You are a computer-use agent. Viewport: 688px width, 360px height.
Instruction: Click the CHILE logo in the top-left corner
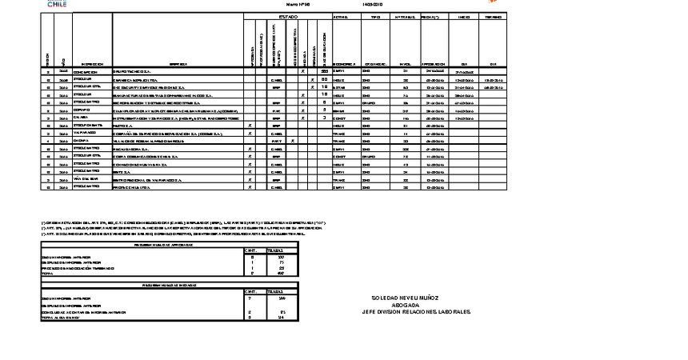click(58, 4)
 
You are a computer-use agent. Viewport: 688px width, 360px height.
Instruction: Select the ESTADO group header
click(287, 16)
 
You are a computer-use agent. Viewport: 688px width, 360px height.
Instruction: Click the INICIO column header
click(463, 16)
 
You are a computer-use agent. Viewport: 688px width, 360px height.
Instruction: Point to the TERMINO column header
click(494, 16)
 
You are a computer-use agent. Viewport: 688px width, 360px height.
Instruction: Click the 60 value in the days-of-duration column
click(324, 79)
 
